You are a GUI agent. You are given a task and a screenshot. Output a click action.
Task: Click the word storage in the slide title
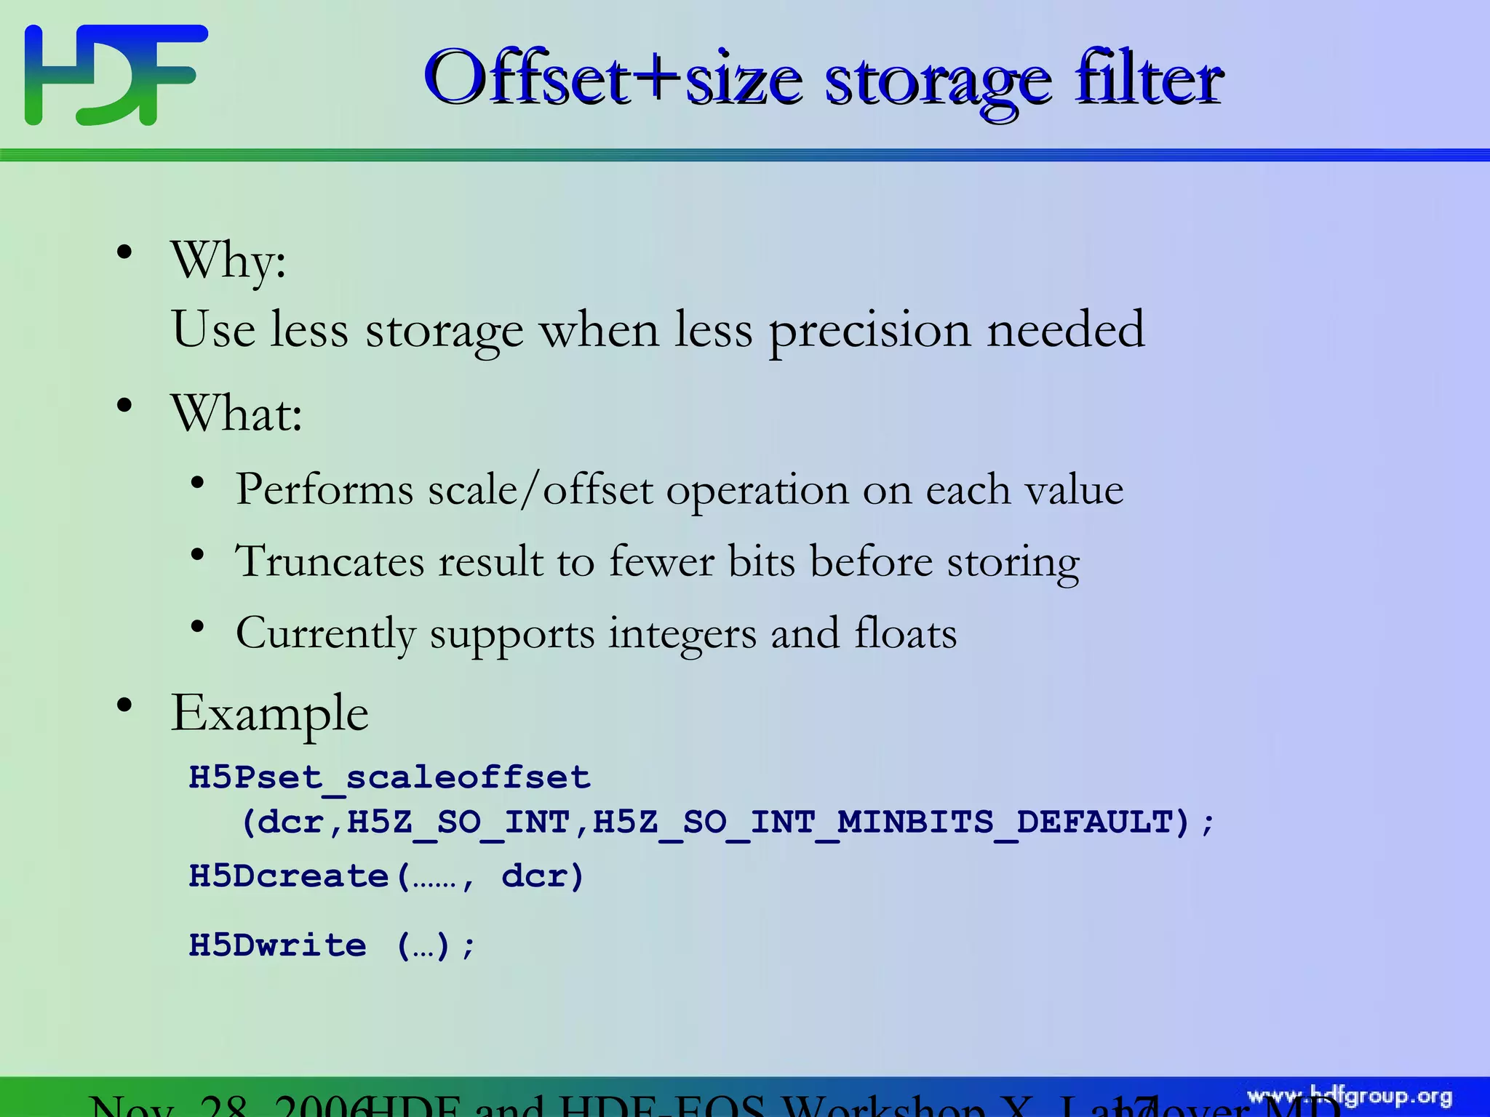939,81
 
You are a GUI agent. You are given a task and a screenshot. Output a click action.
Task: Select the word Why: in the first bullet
228,260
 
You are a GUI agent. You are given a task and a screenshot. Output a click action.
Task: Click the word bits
761,561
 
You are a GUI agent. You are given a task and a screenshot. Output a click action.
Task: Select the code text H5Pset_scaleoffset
389,777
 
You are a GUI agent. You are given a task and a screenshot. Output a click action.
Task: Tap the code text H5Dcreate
289,876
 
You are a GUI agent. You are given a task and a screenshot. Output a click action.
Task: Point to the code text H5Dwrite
277,945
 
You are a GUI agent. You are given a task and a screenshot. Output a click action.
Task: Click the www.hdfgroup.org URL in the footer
1350,1097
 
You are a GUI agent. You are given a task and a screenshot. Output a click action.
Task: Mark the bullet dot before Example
124,704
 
